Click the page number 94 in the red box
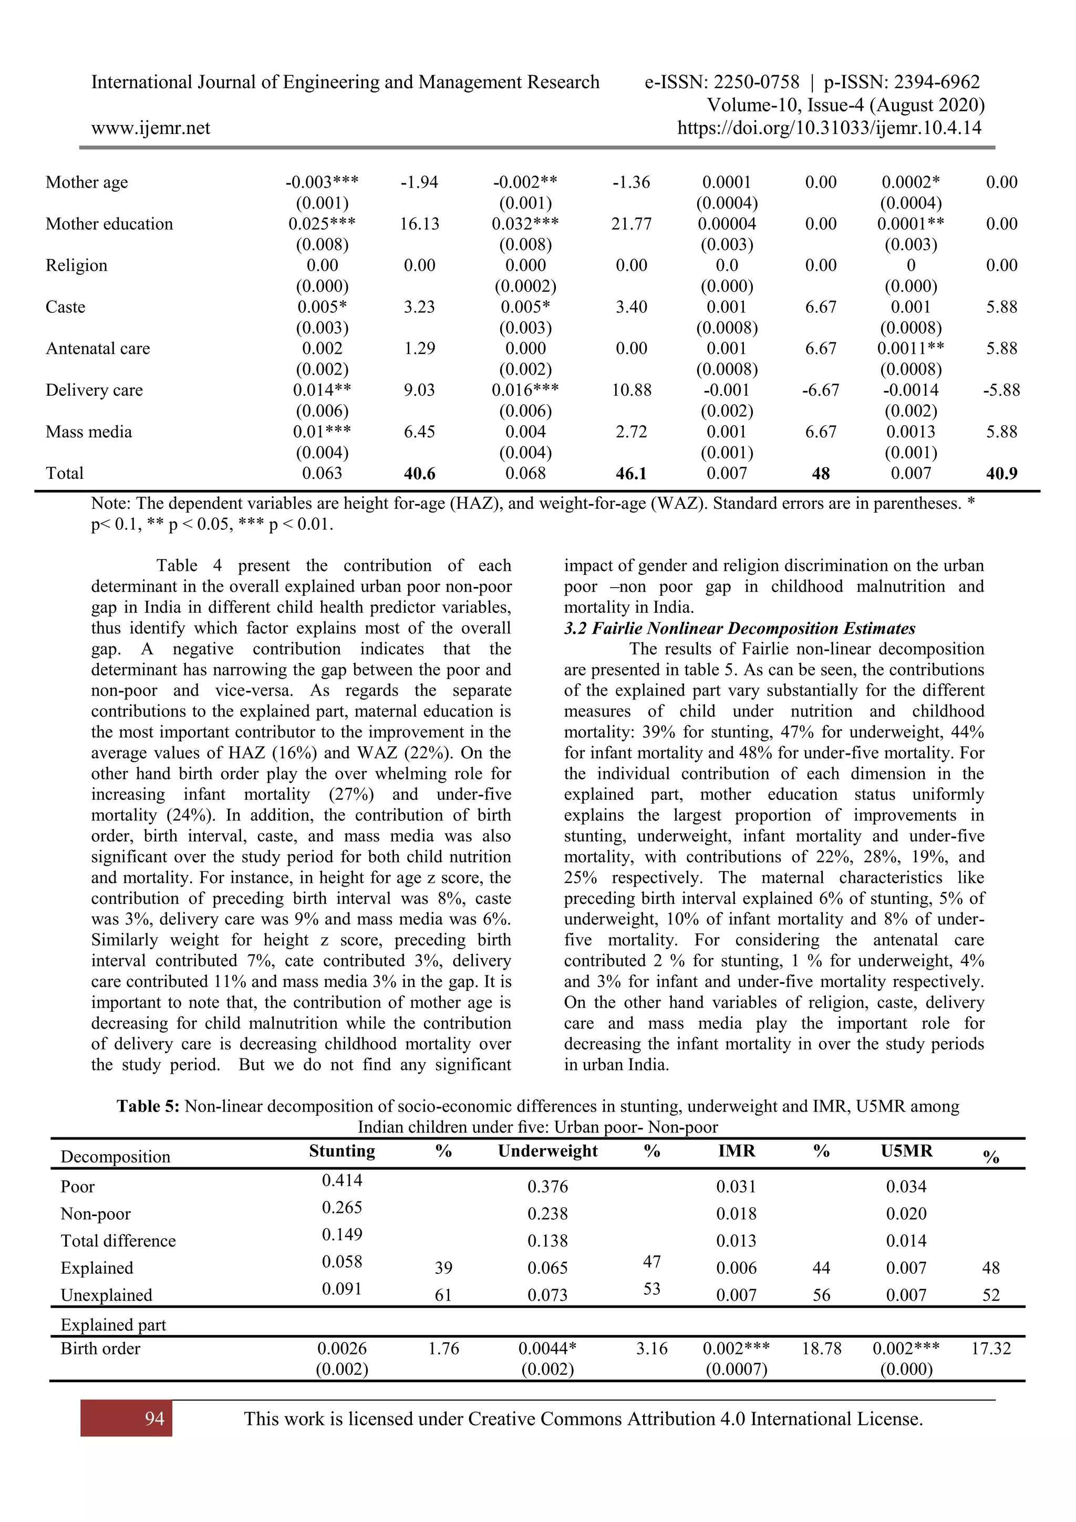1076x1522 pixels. pos(154,1418)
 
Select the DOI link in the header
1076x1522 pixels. pos(829,127)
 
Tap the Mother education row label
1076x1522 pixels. pos(109,224)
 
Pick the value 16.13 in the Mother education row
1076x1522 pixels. pos(419,224)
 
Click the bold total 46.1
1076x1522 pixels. pos(631,474)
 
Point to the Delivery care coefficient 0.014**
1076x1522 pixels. pos(322,390)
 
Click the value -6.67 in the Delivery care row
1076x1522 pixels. pos(820,390)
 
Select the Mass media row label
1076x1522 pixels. pos(88,431)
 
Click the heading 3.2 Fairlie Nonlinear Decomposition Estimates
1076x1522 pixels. pos(739,628)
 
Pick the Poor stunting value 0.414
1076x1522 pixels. pos(342,1179)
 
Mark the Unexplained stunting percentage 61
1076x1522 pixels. pos(443,1294)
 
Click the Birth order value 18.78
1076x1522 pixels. pos(821,1349)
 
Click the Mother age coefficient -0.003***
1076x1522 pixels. pos(322,182)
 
